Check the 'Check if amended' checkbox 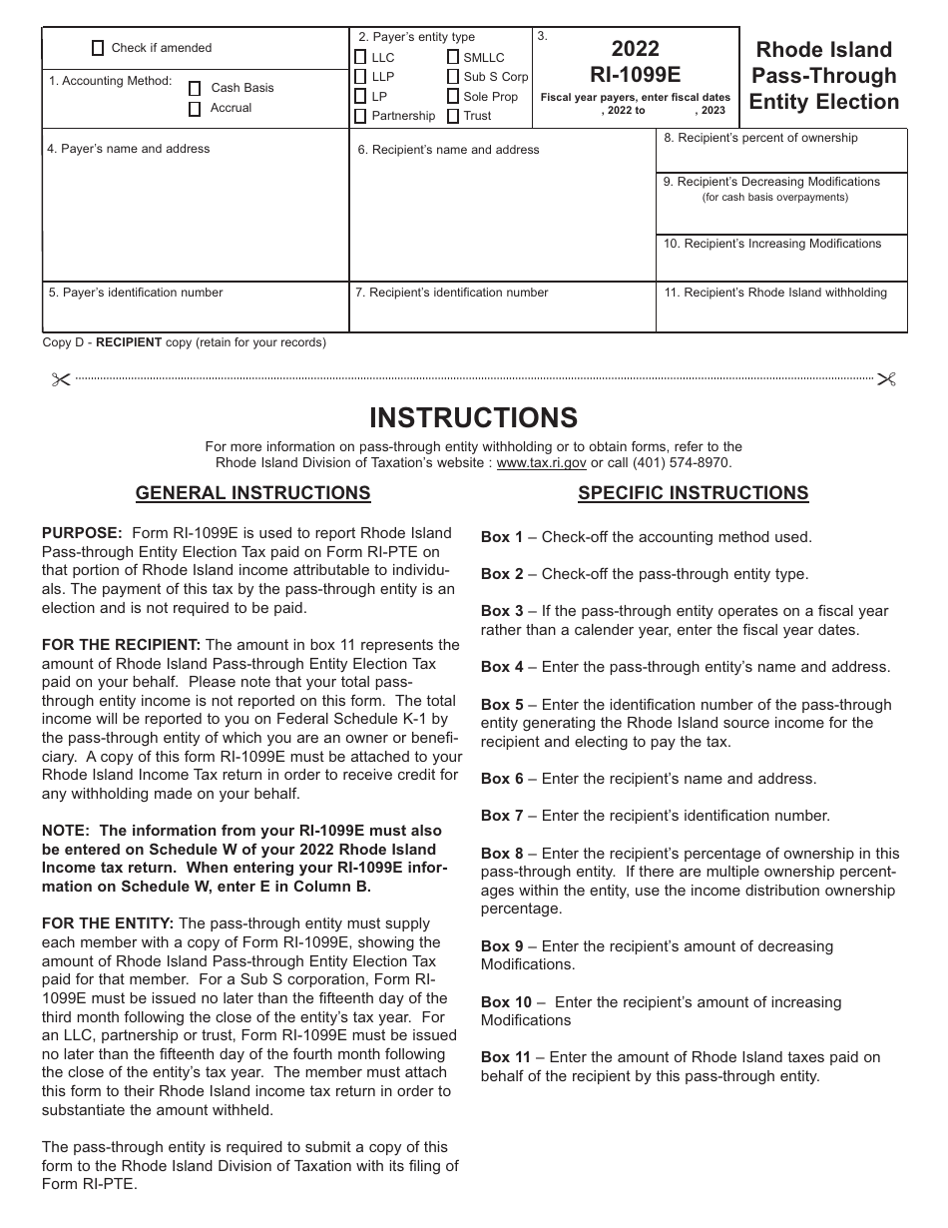pyautogui.click(x=98, y=48)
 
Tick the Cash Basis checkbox pyautogui.click(x=195, y=89)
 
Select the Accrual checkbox pyautogui.click(x=195, y=109)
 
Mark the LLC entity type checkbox pyautogui.click(x=360, y=58)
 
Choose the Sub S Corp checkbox pyautogui.click(x=453, y=77)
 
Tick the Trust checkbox pyautogui.click(x=453, y=116)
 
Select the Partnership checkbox pyautogui.click(x=360, y=116)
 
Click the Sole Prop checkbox pyautogui.click(x=453, y=97)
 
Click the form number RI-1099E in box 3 pyautogui.click(x=635, y=74)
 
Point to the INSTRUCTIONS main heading pyautogui.click(x=473, y=417)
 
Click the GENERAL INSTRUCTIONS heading pyautogui.click(x=252, y=493)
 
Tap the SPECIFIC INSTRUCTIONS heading pyautogui.click(x=693, y=493)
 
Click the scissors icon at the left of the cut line pyautogui.click(x=61, y=379)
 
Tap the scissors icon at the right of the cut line pyautogui.click(x=886, y=379)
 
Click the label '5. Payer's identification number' pyautogui.click(x=136, y=293)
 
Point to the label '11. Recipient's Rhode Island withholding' pyautogui.click(x=775, y=293)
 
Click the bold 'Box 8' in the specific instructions pyautogui.click(x=502, y=854)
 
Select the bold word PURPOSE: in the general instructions pyautogui.click(x=82, y=533)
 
